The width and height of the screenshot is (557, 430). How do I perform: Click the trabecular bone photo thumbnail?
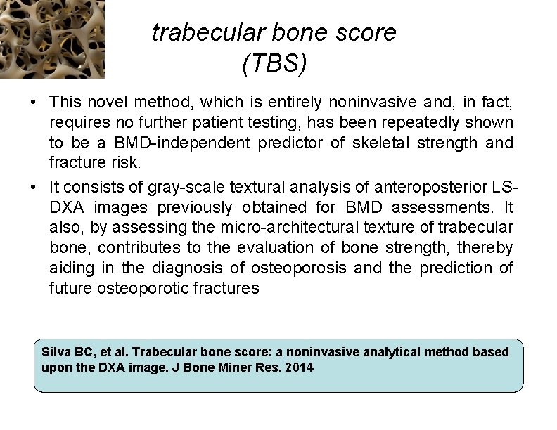tap(52, 39)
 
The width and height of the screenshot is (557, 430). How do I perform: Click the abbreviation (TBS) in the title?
tap(274, 64)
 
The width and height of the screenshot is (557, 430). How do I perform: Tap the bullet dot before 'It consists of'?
tap(34, 187)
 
